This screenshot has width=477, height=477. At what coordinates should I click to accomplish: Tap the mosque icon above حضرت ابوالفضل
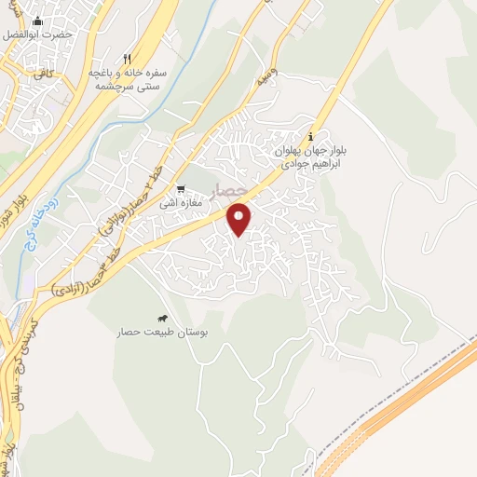point(36,20)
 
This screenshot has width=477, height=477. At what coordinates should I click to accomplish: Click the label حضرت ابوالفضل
point(36,34)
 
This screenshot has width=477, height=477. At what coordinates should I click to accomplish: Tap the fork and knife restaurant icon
point(126,57)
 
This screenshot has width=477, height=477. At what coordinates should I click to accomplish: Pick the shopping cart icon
point(181,188)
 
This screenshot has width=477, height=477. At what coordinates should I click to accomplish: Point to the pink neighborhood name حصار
point(229,191)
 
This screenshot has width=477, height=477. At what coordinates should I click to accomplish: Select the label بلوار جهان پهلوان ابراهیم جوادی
point(310,154)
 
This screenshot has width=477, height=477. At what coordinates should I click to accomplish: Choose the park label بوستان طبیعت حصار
point(163,332)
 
